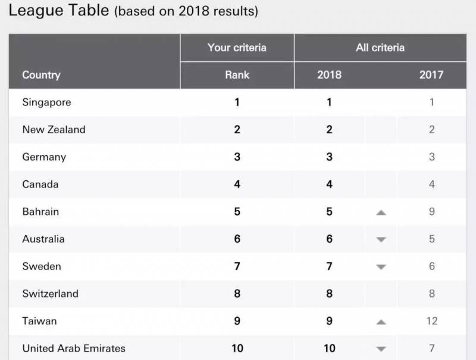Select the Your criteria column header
pos(237,48)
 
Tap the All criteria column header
pos(380,48)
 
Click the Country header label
pos(42,75)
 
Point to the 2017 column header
pos(431,75)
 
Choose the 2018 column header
pos(329,75)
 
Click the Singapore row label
pos(46,102)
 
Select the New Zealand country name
pos(54,130)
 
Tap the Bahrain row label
pos(40,212)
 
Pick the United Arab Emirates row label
pos(74,348)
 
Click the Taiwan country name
pos(39,321)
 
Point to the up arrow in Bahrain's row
pos(381,212)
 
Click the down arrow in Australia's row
pos(381,240)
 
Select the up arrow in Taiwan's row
pos(381,322)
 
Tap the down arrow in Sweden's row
pos(381,267)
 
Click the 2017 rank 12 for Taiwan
pos(432,321)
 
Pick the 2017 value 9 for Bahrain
pos(432,212)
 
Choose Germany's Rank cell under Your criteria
pos(237,157)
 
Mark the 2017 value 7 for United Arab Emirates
pos(432,348)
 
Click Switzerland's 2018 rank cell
pos(329,293)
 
